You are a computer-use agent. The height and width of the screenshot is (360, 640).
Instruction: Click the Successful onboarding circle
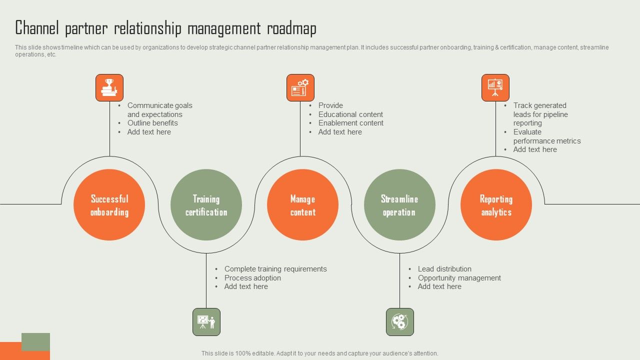(109, 205)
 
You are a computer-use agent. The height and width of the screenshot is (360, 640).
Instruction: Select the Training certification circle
(206, 205)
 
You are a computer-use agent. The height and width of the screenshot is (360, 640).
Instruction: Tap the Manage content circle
(302, 205)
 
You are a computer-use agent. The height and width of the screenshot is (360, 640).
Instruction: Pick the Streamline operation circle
(399, 205)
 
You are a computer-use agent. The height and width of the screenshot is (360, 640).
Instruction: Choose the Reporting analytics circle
(496, 205)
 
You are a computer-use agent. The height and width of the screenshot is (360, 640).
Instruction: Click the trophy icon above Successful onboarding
(109, 88)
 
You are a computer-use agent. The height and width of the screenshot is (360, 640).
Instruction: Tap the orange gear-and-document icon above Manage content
(300, 88)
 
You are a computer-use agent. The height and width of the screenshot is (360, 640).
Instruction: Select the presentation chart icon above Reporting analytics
(495, 88)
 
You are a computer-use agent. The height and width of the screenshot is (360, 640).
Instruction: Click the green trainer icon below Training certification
(206, 322)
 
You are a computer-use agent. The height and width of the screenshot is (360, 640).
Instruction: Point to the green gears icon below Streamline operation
(400, 322)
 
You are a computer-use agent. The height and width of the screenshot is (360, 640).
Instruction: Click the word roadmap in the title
(291, 29)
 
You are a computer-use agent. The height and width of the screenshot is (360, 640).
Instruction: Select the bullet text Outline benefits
(152, 123)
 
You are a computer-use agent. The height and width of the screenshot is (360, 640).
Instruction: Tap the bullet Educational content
(350, 114)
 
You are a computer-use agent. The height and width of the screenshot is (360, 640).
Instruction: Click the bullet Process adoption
(252, 278)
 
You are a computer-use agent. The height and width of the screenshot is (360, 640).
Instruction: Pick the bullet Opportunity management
(459, 278)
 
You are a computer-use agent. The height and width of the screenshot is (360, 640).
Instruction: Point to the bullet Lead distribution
(444, 269)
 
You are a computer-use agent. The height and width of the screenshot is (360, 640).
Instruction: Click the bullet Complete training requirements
(275, 269)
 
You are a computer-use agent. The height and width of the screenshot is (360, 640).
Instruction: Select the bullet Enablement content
(350, 123)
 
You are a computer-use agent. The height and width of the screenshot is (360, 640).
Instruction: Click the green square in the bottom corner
(36, 341)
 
